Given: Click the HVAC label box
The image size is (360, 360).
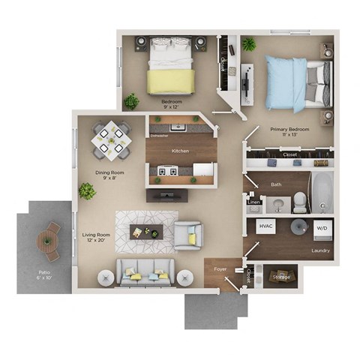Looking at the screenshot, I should [x=265, y=226].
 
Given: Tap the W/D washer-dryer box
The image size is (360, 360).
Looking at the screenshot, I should [x=322, y=227].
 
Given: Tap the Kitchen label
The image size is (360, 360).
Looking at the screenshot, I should [x=180, y=151].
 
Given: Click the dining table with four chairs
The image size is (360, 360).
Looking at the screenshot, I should [x=109, y=139].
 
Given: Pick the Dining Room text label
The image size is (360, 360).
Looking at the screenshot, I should [x=109, y=175].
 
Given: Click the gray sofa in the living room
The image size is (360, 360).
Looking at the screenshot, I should [x=144, y=271].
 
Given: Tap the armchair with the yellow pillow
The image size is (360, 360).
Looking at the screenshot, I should [x=188, y=235].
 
